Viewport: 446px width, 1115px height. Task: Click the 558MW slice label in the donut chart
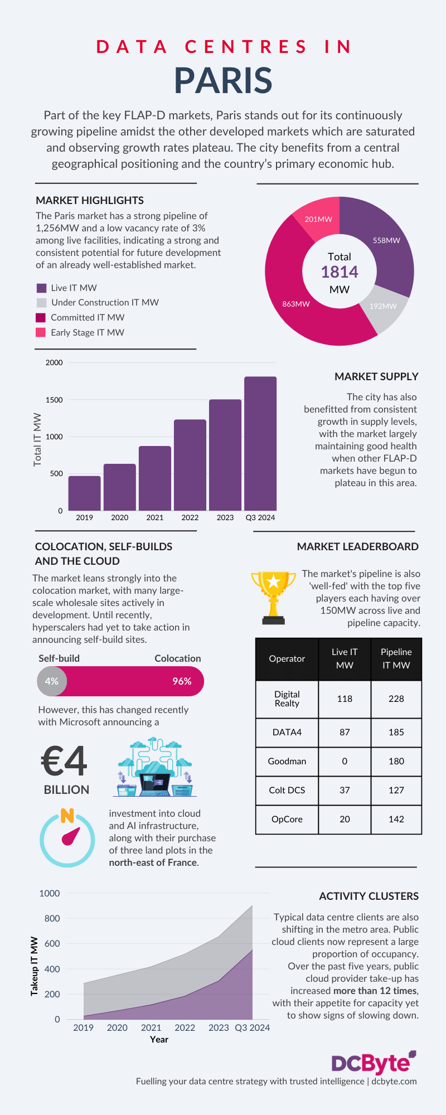[386, 240]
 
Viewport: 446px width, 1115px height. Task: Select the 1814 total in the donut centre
[340, 272]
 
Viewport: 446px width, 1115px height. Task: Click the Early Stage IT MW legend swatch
[41, 332]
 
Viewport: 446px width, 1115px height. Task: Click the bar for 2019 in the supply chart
[85, 493]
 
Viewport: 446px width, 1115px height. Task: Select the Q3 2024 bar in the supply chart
[260, 443]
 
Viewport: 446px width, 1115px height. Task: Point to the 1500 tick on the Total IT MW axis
[54, 400]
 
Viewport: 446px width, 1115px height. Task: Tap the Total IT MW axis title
[37, 439]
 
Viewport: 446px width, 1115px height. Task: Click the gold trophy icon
[273, 597]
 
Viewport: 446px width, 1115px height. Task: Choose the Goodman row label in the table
[287, 761]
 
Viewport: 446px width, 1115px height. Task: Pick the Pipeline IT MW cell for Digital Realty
[396, 699]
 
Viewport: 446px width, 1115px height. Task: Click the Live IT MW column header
[345, 658]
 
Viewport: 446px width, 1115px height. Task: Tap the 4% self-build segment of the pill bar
[52, 681]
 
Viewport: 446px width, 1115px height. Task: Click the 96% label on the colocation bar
[182, 681]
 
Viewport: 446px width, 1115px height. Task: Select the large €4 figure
[65, 762]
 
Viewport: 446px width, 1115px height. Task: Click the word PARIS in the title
[223, 80]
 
